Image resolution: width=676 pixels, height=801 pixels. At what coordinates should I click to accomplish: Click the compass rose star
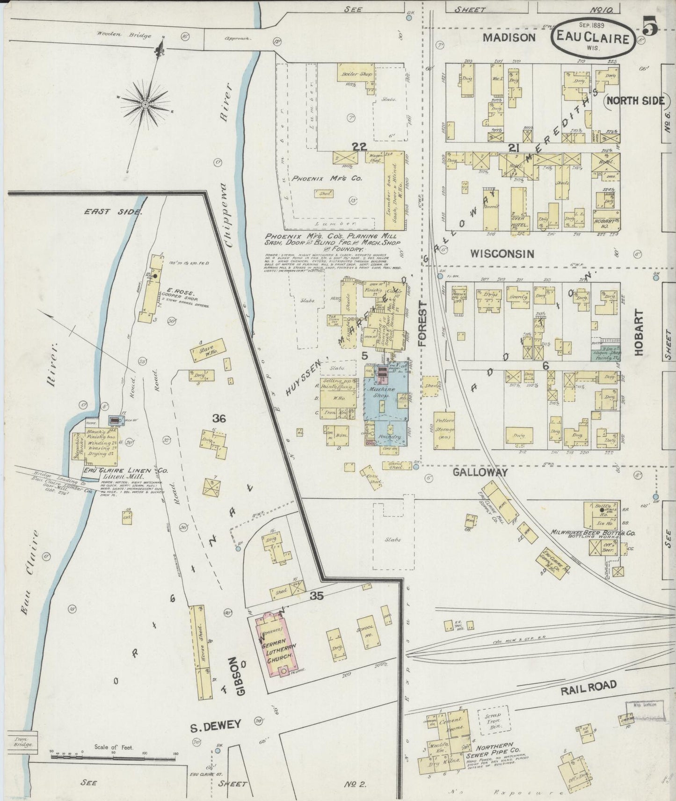[145, 104]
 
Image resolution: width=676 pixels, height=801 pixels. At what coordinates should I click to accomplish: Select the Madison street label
[509, 37]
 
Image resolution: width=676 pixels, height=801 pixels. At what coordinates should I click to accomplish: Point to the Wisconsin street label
[502, 254]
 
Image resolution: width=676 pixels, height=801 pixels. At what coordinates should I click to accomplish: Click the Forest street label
[423, 324]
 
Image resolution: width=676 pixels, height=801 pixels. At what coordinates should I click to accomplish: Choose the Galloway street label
[480, 473]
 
